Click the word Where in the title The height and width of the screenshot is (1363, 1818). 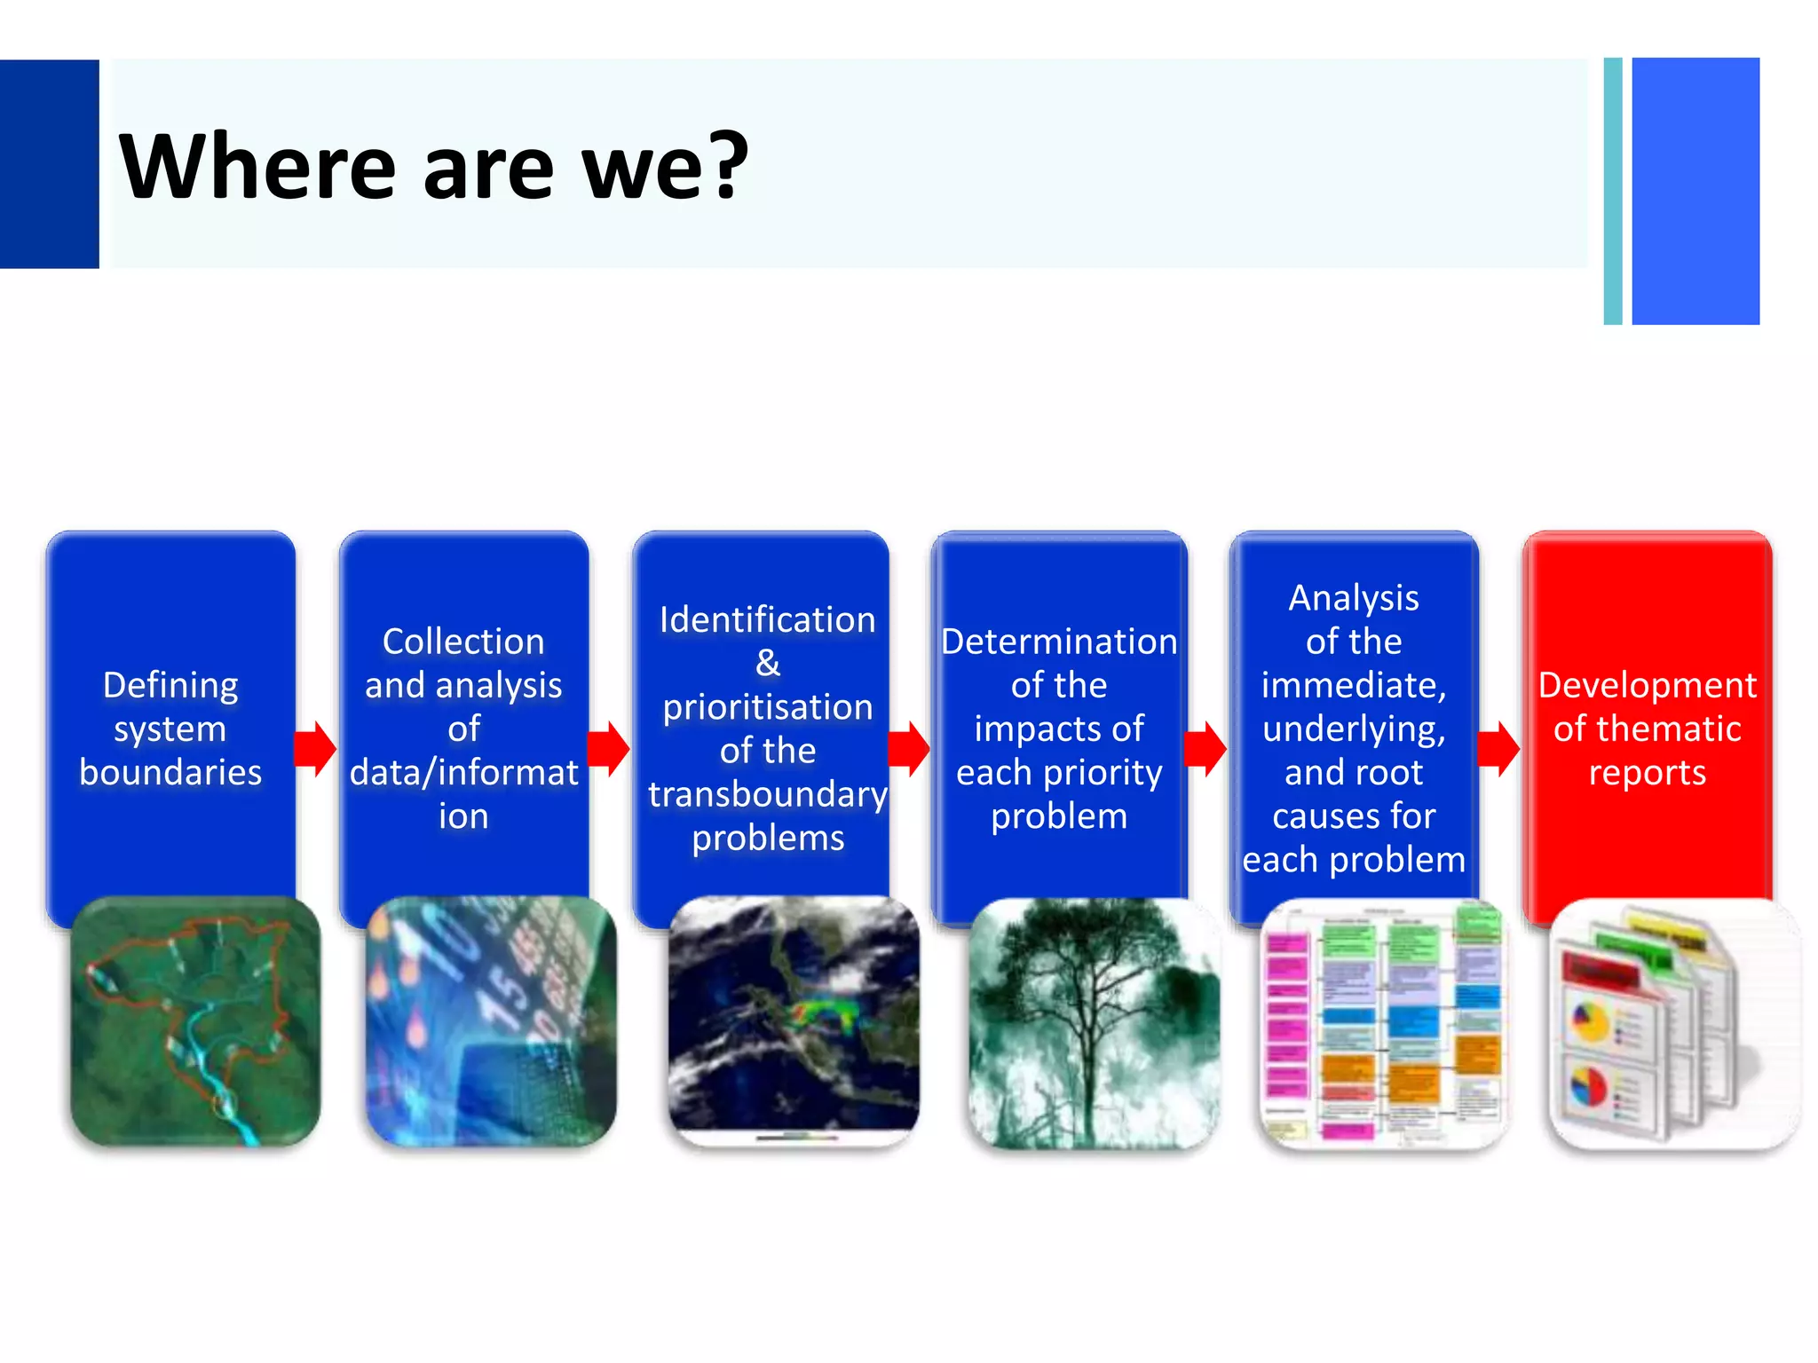pyautogui.click(x=257, y=166)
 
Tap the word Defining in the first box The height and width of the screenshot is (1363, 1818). pyautogui.click(x=170, y=685)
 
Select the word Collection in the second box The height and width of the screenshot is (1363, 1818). pyautogui.click(x=463, y=642)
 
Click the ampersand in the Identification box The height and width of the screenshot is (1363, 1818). pyautogui.click(x=768, y=663)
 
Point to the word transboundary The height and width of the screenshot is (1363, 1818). pyautogui.click(x=768, y=794)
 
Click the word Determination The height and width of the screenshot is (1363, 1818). pyautogui.click(x=1059, y=642)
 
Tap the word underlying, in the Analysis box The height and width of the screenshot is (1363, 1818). pyautogui.click(x=1354, y=729)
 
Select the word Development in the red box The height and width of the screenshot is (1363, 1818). pyautogui.click(x=1647, y=685)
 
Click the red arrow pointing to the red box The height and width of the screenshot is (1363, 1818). pyautogui.click(x=1499, y=749)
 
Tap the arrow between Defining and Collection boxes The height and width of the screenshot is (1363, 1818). pyautogui.click(x=316, y=749)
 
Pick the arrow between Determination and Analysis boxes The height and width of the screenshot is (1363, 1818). pyautogui.click(x=1206, y=749)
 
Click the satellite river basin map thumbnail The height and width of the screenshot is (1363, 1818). pyautogui.click(x=195, y=1020)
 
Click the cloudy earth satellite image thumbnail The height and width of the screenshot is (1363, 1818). pyautogui.click(x=794, y=1020)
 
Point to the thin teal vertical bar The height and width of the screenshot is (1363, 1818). pyautogui.click(x=1613, y=191)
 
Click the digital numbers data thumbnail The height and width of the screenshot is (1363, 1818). pyautogui.click(x=491, y=1020)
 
